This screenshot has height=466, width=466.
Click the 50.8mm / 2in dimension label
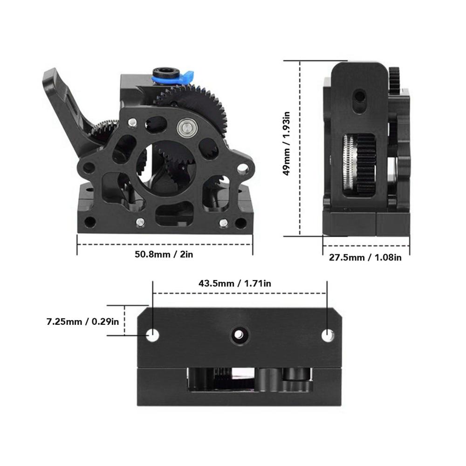(164, 254)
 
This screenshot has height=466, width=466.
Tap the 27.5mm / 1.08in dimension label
(365, 257)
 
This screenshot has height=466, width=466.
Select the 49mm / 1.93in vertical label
(287, 144)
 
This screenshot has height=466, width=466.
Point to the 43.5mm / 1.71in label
(235, 283)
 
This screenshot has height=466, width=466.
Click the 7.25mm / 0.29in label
(82, 322)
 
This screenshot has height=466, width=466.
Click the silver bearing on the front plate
(185, 129)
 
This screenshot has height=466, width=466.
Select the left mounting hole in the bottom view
(153, 336)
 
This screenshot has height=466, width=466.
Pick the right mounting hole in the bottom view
(328, 336)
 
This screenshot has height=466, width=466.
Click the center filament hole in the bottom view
(239, 335)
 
